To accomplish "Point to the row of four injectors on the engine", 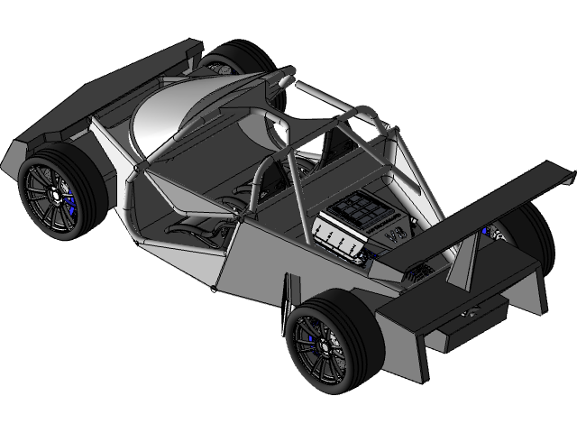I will [x=339, y=240].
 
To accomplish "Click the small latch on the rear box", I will [x=471, y=312].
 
